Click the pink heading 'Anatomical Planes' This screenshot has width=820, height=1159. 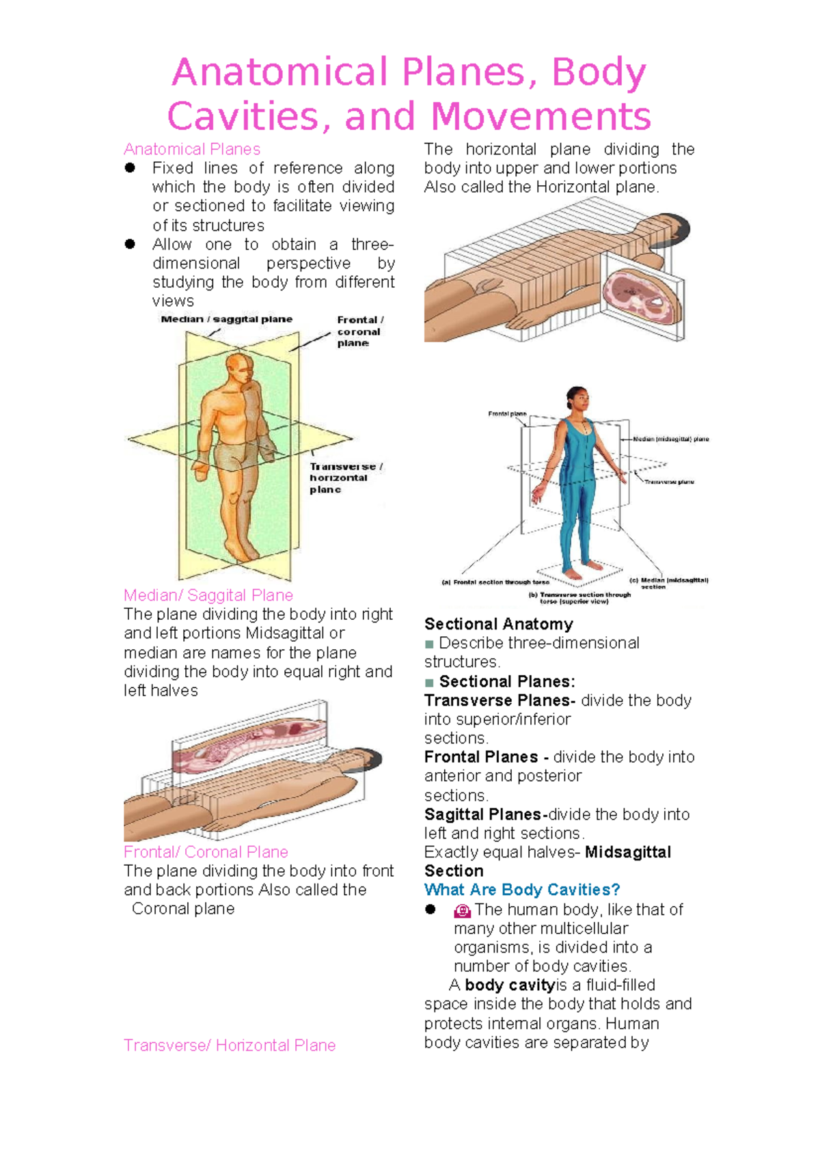pyautogui.click(x=192, y=149)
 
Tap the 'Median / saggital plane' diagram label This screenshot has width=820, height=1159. pyautogui.click(x=226, y=319)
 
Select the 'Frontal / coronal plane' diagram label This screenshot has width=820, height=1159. pyautogui.click(x=359, y=331)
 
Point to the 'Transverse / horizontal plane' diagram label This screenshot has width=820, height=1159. pyautogui.click(x=345, y=478)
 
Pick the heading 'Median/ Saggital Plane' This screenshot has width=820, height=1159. pyautogui.click(x=208, y=595)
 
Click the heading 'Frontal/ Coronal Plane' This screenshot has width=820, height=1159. pyautogui.click(x=206, y=852)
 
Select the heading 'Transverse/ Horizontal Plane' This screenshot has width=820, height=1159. pyautogui.click(x=230, y=1046)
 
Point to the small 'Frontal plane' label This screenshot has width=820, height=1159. pyautogui.click(x=507, y=414)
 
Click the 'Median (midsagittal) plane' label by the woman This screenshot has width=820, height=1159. pyautogui.click(x=670, y=439)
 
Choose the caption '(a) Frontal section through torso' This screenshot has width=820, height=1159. pyautogui.click(x=495, y=582)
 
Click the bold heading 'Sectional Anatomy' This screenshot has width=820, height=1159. pyautogui.click(x=498, y=624)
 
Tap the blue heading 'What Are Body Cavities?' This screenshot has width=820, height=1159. pyautogui.click(x=522, y=890)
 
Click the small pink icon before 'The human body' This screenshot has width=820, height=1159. pyautogui.click(x=463, y=911)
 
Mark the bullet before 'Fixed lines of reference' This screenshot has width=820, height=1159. pyautogui.click(x=130, y=168)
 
